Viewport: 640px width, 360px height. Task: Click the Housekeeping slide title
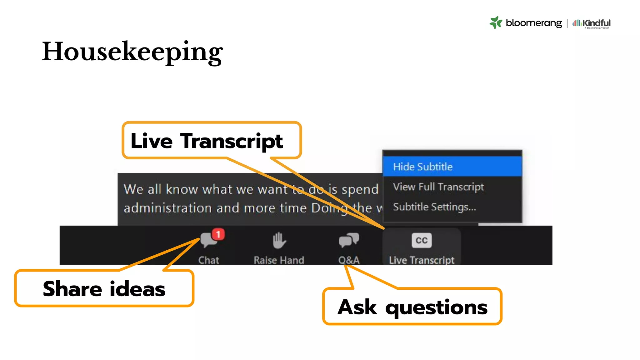point(132,52)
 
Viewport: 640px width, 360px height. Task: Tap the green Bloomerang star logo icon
point(496,22)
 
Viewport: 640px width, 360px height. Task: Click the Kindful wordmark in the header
point(596,23)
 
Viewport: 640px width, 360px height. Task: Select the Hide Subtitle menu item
point(422,167)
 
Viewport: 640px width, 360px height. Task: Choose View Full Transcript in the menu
point(438,187)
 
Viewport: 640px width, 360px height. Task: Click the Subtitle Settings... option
point(434,207)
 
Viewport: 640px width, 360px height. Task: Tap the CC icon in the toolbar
point(422,240)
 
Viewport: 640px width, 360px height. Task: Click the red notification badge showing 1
point(218,234)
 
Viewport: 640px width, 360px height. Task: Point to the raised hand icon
point(279,240)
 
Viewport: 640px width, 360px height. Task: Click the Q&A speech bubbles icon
point(349,240)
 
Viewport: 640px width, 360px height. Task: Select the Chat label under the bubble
point(209,260)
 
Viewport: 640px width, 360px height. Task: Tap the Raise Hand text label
point(279,260)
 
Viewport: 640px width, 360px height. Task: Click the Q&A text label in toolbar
point(349,260)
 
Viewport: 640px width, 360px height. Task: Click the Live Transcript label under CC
point(422,260)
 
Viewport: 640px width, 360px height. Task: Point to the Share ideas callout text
point(104,289)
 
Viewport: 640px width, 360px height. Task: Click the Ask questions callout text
point(412,307)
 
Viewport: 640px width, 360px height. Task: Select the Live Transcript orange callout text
point(207,141)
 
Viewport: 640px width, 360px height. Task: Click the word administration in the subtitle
point(168,208)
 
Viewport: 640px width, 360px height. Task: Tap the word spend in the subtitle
point(360,189)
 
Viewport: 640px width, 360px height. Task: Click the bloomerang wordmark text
point(534,23)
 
